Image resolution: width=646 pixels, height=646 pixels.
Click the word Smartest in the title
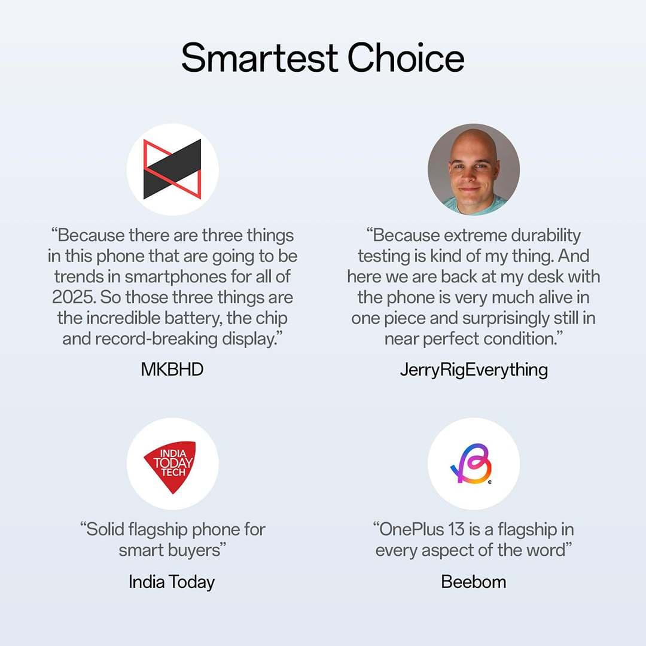point(260,57)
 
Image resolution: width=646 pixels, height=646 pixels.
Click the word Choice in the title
point(406,57)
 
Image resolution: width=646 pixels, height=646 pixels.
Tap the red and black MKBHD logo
point(172,169)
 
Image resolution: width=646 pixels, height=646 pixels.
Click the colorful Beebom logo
point(472,464)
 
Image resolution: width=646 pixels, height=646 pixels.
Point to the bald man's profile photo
point(473,169)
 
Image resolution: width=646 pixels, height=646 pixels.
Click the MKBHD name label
point(172,370)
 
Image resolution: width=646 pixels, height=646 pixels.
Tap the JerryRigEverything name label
point(474,370)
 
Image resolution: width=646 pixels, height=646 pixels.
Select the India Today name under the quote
point(172,582)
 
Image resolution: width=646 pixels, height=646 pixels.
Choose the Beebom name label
point(473,582)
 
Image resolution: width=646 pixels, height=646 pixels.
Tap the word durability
point(546,236)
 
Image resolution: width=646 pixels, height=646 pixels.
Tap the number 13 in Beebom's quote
point(456,529)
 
